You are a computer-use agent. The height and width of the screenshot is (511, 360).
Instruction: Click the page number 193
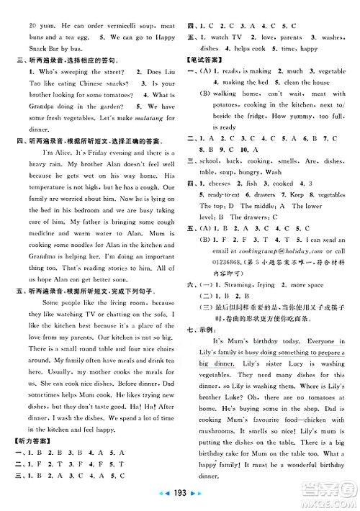(x=180, y=498)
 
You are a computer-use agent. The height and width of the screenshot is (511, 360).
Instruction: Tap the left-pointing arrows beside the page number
(x=163, y=498)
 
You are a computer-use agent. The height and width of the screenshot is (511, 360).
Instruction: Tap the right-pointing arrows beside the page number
(x=197, y=498)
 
